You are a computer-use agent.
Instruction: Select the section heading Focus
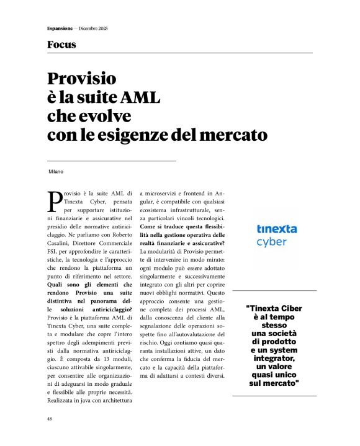click(61, 45)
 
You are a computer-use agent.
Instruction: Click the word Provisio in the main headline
click(82, 79)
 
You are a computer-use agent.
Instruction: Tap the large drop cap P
click(54, 200)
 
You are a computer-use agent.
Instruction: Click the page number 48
click(50, 419)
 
